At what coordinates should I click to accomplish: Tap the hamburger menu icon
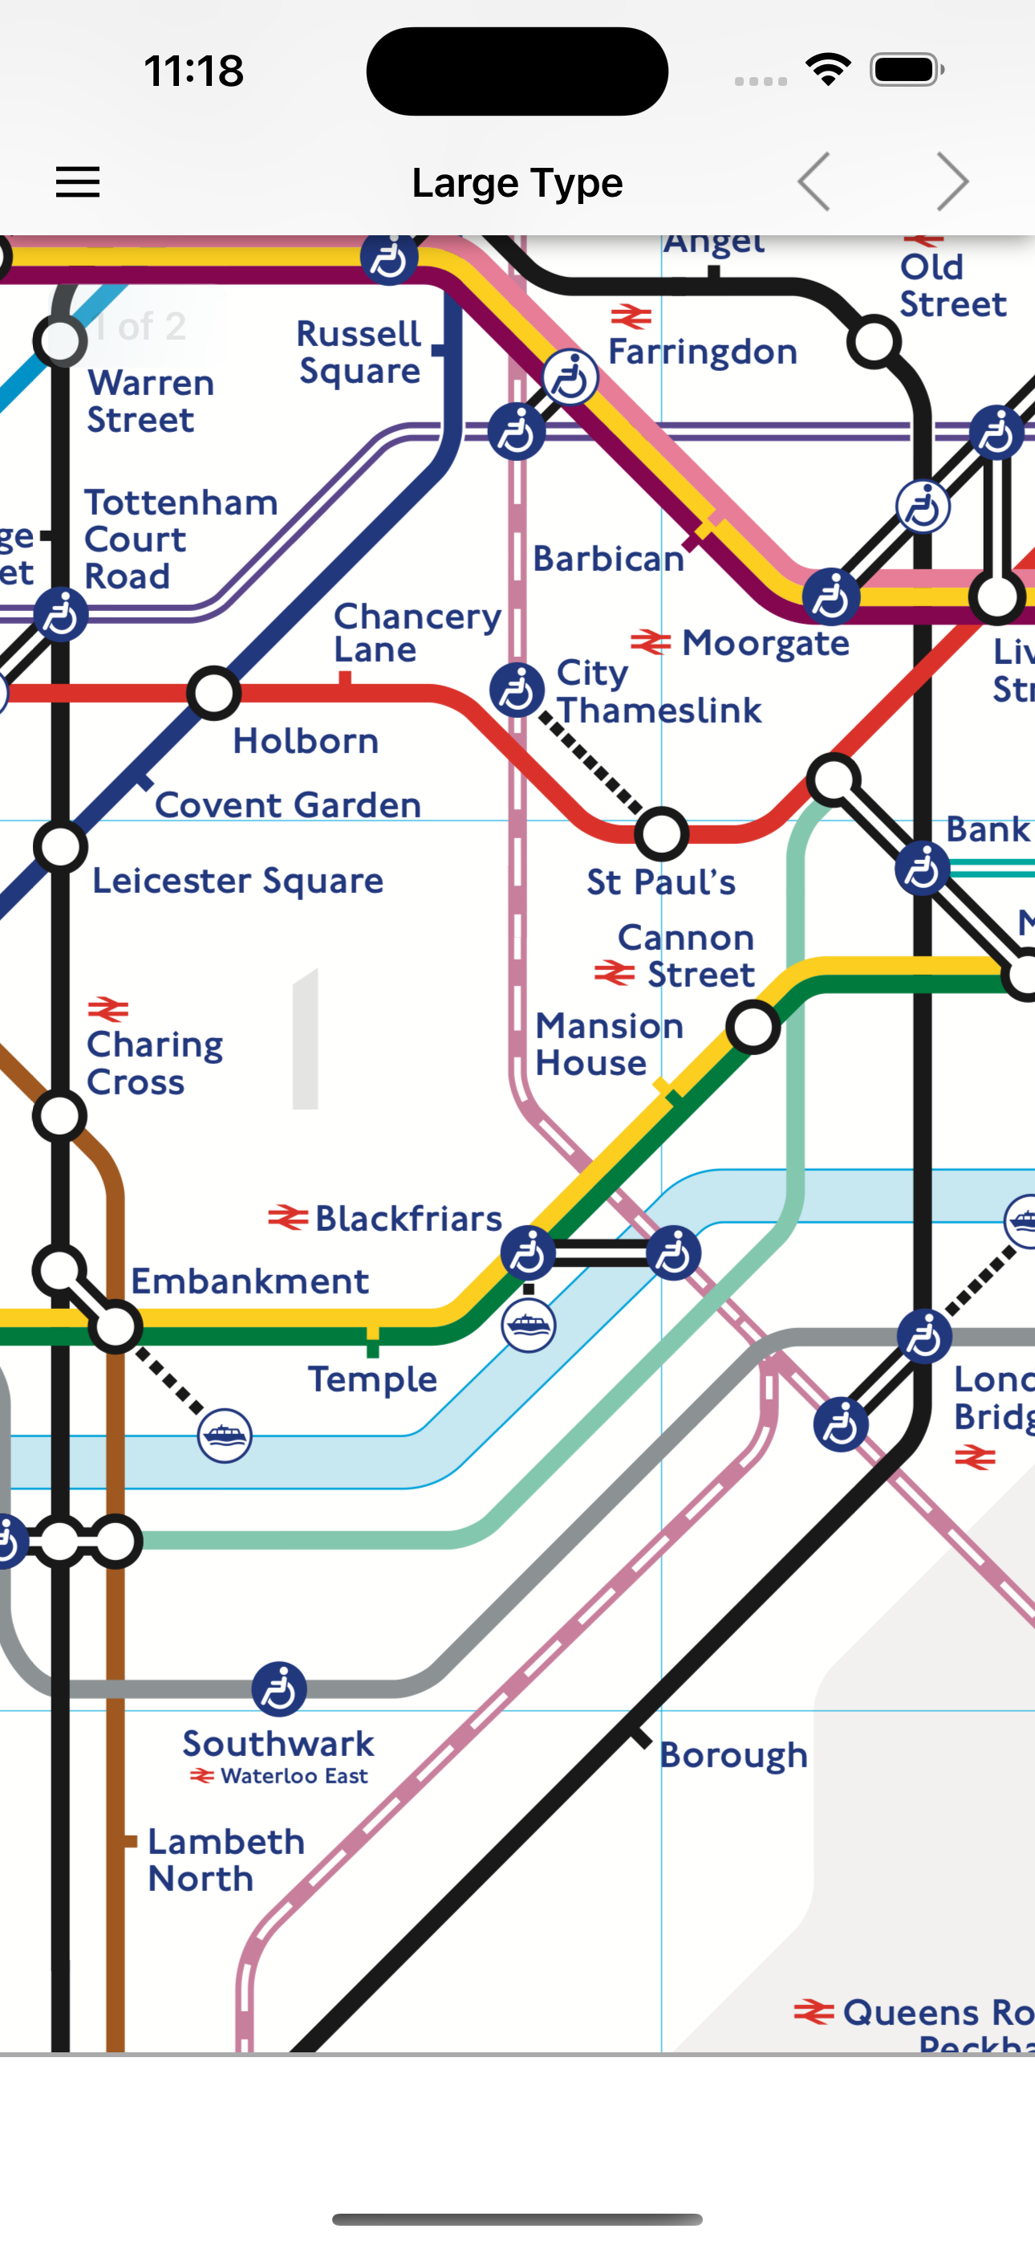point(78,182)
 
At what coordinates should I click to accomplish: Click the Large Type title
point(517,183)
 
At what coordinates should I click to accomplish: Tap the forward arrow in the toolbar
point(952,182)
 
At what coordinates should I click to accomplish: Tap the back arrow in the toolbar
point(814,182)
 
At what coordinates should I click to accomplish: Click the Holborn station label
point(306,742)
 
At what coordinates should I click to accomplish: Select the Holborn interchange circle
point(213,694)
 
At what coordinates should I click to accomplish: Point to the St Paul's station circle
point(661,834)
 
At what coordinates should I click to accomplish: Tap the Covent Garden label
point(287,805)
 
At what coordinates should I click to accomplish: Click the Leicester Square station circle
point(60,847)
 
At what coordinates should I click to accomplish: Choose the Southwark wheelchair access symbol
point(278,1689)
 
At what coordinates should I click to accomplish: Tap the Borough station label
point(733,1754)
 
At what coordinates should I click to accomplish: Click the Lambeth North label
point(225,1860)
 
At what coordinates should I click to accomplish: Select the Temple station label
point(372,1379)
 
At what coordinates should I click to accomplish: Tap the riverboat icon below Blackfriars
point(528,1326)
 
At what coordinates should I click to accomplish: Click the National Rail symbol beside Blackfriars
point(287,1217)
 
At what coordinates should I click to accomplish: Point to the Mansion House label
point(608,1044)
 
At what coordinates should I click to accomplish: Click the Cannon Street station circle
point(753,1027)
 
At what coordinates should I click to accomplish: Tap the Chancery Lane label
point(416,633)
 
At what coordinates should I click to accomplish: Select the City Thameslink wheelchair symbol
point(517,691)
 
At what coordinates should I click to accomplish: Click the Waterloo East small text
point(294,1776)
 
